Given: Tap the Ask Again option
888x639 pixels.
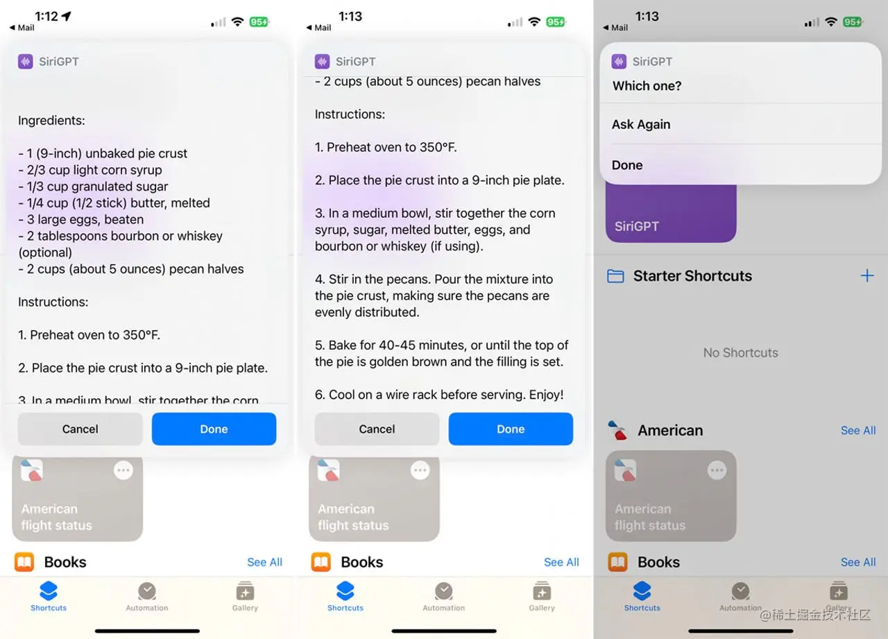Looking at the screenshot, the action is click(x=641, y=124).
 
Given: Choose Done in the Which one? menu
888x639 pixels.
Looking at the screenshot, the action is click(x=627, y=165).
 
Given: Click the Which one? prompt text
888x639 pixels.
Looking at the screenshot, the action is click(x=647, y=85).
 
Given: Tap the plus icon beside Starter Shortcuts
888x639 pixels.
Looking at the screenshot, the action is click(x=867, y=275).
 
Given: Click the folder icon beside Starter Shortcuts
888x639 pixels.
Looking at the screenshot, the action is click(x=615, y=276).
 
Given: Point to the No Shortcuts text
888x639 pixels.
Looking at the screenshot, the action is click(x=740, y=352).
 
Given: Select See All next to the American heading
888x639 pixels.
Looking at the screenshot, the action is click(x=858, y=430).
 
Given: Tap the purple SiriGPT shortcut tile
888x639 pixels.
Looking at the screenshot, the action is click(x=671, y=214).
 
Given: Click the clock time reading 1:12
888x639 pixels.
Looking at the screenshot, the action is click(x=46, y=16).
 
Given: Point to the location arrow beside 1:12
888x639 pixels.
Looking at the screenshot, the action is click(x=67, y=16).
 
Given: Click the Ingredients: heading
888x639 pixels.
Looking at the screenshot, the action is click(x=51, y=120).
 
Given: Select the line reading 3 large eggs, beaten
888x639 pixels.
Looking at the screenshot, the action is click(x=81, y=219).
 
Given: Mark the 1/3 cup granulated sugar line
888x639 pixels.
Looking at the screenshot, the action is click(x=93, y=187).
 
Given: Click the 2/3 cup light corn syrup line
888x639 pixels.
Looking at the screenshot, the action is click(x=90, y=170).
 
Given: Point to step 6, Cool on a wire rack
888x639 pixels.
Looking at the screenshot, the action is click(x=439, y=394).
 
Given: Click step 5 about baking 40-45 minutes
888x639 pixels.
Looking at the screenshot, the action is click(x=442, y=353).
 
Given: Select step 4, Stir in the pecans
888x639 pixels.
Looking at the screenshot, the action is click(x=434, y=296).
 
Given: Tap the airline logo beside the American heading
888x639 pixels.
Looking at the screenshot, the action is click(x=617, y=430).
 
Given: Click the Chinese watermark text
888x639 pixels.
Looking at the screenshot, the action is click(x=815, y=615).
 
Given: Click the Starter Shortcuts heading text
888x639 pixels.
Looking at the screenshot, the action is click(x=692, y=276).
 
